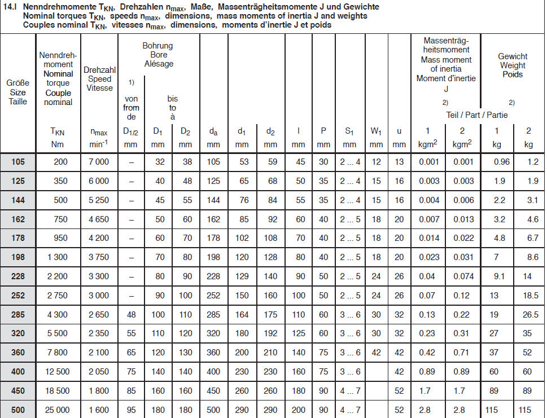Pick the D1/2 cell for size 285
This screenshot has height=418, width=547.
131,314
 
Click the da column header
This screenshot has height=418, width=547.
213,131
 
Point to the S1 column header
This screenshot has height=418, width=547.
350,131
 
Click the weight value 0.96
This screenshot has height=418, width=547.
501,162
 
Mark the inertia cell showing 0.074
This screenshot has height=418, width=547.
462,276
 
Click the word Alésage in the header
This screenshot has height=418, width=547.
159,64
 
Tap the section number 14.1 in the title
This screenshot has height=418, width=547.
11,7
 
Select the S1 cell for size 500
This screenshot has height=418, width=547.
350,410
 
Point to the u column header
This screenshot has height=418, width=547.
399,131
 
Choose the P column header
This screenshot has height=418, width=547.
323,131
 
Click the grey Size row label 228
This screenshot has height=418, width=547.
18,276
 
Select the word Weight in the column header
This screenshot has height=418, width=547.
513,65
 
